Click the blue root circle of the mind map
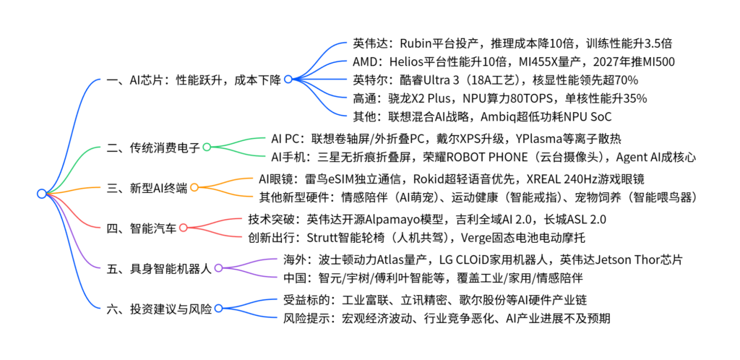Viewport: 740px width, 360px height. [x=42, y=193]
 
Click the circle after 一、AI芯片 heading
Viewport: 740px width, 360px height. [x=288, y=80]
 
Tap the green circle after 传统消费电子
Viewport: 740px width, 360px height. [x=207, y=147]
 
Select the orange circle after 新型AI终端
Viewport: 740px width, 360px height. [x=194, y=188]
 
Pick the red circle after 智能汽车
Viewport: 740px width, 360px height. [x=183, y=228]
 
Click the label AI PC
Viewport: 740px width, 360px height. [x=285, y=139]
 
